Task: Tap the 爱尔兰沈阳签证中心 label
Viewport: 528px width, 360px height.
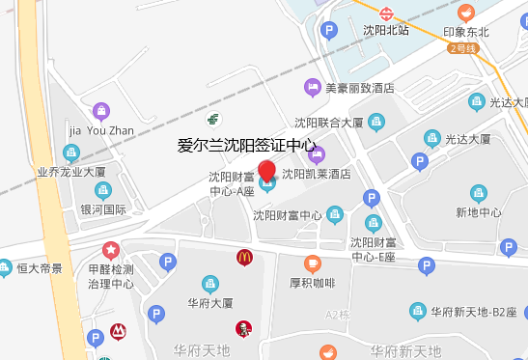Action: [247, 147]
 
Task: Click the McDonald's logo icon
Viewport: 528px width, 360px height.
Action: [244, 257]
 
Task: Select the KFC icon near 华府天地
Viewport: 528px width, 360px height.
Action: [244, 329]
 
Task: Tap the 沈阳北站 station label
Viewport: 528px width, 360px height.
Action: [386, 30]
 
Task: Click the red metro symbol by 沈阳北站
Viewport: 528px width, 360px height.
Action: [386, 14]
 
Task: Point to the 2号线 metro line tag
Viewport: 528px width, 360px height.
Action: [460, 46]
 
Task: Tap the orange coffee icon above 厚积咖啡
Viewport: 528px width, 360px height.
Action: [312, 263]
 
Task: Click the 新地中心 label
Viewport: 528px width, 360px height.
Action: [479, 212]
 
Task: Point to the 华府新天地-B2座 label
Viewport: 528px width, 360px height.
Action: [474, 312]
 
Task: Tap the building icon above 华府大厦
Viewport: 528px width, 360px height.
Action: [208, 284]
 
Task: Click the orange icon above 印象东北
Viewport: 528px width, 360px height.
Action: [466, 14]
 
